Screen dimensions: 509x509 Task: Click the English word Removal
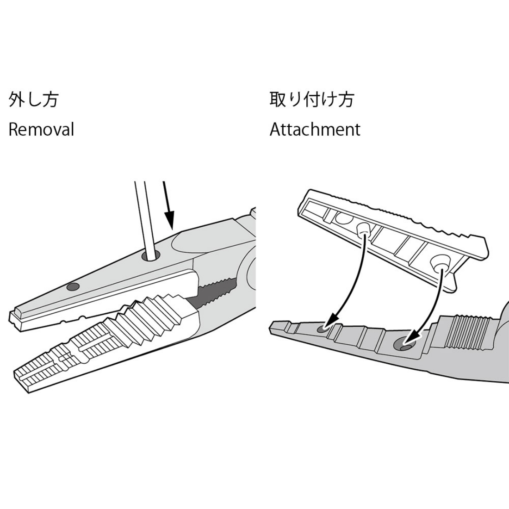point(41,129)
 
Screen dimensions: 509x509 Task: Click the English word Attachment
point(315,129)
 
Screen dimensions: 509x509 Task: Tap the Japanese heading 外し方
point(33,99)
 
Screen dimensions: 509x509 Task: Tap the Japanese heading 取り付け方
point(311,99)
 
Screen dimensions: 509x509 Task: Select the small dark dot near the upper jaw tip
point(73,286)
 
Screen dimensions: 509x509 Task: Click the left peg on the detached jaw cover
point(364,229)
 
